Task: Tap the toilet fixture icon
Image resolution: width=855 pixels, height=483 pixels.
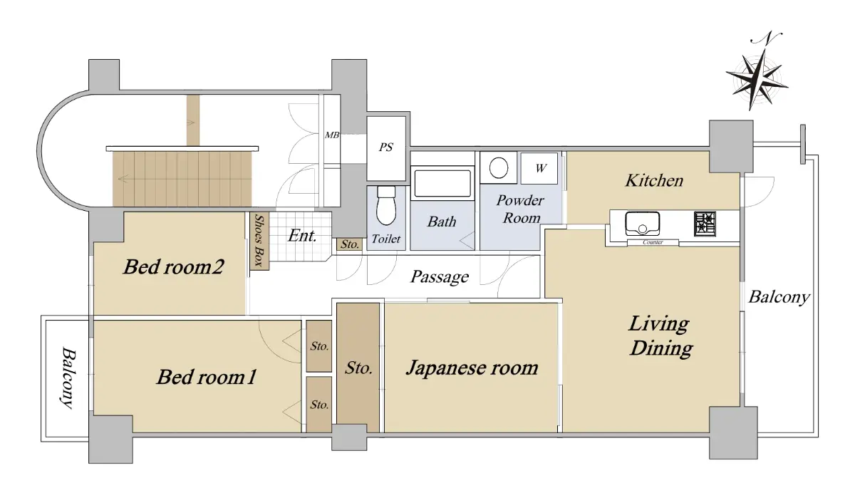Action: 386,206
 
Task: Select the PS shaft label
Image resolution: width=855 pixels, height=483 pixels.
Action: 386,147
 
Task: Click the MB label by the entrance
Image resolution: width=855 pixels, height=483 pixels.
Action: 332,135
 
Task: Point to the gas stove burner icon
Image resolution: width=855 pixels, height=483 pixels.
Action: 705,224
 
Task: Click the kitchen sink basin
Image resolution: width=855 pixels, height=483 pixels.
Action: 643,224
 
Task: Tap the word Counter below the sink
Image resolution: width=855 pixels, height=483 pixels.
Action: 653,242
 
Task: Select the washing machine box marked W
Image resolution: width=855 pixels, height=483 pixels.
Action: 539,168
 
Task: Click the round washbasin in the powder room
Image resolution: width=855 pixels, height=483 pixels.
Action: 499,168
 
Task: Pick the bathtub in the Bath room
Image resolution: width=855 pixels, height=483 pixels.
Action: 442,183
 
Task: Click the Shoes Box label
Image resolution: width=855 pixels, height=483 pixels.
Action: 259,240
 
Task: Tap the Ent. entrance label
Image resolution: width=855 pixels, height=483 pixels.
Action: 302,236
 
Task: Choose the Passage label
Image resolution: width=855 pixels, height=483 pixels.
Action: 440,277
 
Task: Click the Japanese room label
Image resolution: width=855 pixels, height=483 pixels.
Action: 472,368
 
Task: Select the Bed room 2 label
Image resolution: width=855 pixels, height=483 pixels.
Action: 173,266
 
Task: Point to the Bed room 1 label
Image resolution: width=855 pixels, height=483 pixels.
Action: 206,377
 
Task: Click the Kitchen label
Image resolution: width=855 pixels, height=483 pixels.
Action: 654,180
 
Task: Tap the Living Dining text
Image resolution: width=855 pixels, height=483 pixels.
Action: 660,336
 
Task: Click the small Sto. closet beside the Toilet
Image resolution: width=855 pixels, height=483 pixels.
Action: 349,244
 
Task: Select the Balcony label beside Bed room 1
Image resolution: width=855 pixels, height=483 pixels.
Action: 68,378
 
